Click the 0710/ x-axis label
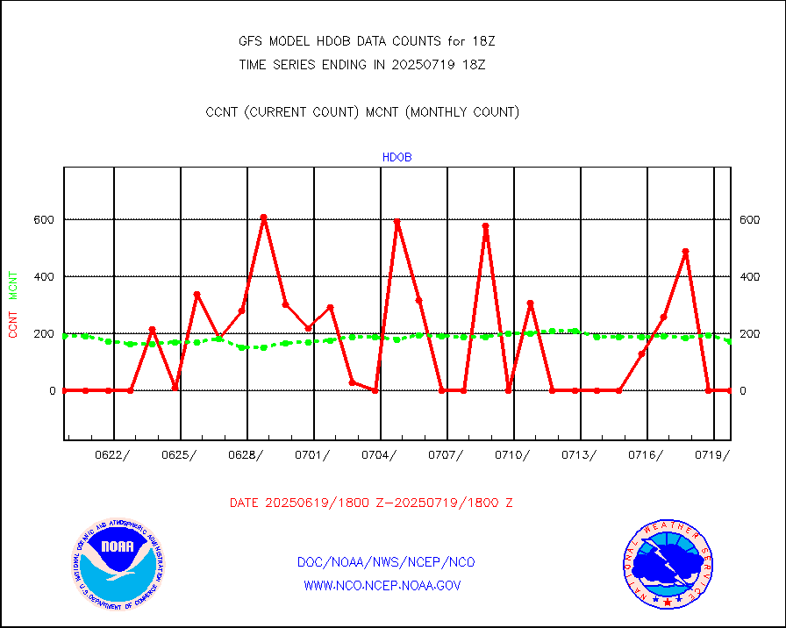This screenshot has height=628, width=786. click(514, 455)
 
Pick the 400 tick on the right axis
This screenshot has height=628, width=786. click(748, 276)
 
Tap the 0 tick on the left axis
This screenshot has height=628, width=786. click(51, 390)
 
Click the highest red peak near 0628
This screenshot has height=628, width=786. click(263, 217)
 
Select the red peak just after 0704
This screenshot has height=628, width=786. click(397, 223)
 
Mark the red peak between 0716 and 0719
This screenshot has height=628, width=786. click(685, 252)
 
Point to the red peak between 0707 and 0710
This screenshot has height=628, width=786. click(485, 226)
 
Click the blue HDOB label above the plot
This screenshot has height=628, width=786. click(397, 158)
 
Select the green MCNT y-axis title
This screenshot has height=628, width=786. click(13, 285)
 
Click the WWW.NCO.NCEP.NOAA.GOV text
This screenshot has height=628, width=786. click(382, 585)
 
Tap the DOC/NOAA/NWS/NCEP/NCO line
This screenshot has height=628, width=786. click(386, 562)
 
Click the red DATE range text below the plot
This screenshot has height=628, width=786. click(371, 503)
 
